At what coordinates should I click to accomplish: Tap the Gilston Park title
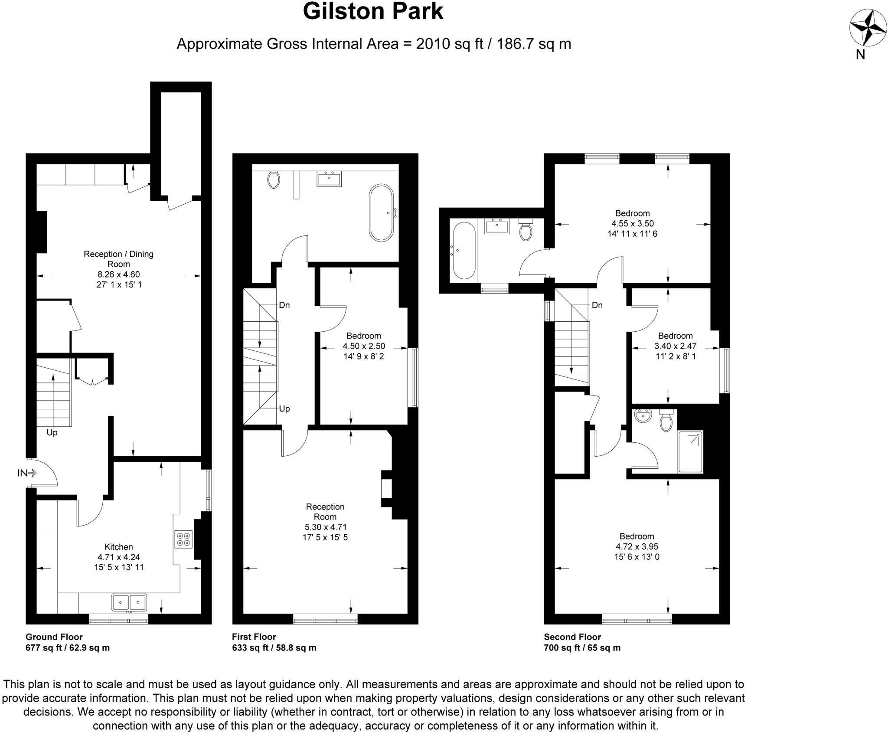(373, 12)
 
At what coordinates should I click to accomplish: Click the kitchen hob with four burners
(183, 539)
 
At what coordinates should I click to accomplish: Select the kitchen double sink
(129, 602)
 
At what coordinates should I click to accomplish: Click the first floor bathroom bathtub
(382, 213)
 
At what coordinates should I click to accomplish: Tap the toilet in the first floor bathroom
(274, 179)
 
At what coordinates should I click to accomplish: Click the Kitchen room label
(118, 547)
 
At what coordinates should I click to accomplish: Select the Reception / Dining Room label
(118, 259)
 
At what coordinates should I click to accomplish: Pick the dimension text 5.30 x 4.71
(325, 527)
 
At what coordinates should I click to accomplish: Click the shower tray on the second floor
(690, 451)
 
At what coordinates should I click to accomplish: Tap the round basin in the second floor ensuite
(643, 416)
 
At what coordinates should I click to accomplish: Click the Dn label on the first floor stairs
(284, 305)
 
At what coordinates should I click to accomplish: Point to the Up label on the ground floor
(52, 433)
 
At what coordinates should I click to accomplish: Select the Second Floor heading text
(572, 637)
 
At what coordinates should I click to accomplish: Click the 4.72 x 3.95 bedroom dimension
(637, 546)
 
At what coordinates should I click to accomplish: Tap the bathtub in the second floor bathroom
(464, 250)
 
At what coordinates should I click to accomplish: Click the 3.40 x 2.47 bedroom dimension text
(675, 346)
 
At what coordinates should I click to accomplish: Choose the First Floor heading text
(254, 637)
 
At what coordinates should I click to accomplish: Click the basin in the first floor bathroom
(329, 179)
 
